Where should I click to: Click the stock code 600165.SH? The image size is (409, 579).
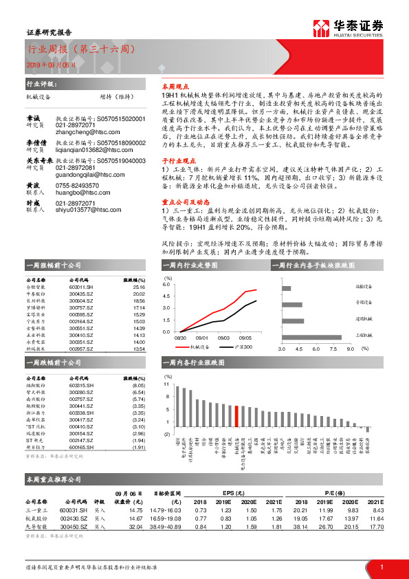click(80, 447)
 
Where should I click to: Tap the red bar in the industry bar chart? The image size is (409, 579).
click(237, 417)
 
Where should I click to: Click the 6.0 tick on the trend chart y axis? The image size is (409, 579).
click(166, 283)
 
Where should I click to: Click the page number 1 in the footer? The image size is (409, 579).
click(381, 567)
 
